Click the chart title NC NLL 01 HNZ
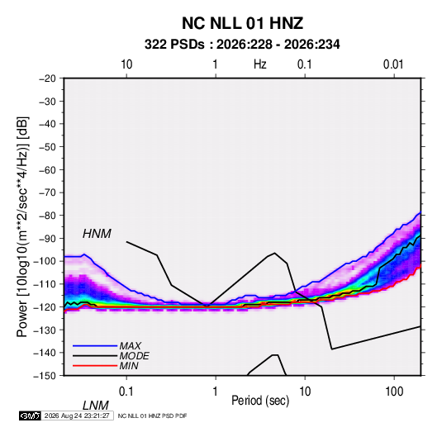pyautogui.click(x=242, y=23)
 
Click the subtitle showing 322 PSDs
pyautogui.click(x=242, y=45)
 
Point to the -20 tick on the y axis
pyautogui.click(x=47, y=78)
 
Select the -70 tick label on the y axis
pyautogui.click(x=47, y=192)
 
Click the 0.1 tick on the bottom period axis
pyautogui.click(x=126, y=392)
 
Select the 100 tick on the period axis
pyautogui.click(x=394, y=392)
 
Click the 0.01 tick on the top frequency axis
pyautogui.click(x=393, y=64)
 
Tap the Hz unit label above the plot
pyautogui.click(x=260, y=64)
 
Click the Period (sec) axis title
pyautogui.click(x=260, y=401)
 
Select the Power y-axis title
pyautogui.click(x=22, y=226)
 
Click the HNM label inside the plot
pyautogui.click(x=97, y=234)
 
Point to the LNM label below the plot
pyautogui.click(x=95, y=406)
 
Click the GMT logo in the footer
pyautogui.click(x=30, y=416)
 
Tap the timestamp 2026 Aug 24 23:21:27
pyautogui.click(x=77, y=416)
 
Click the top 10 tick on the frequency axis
pyautogui.click(x=126, y=64)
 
